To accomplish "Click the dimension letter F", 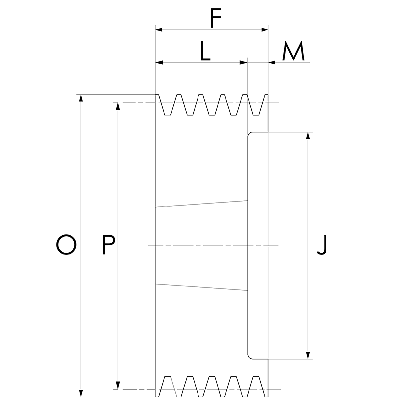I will [215, 19].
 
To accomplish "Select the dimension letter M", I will [293, 52].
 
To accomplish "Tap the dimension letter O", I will [66, 245].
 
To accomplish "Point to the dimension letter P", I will [108, 245].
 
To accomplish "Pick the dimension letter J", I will [322, 245].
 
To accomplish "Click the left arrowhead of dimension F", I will [159, 30].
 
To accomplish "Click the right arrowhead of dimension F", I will [265, 30].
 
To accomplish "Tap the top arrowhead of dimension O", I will [81, 98].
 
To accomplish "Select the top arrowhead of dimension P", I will [118, 106].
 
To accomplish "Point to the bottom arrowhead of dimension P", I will [118, 386].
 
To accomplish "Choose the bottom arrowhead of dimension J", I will [309, 355].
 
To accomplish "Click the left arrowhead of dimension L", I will [159, 62].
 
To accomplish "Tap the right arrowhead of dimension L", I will [244, 62].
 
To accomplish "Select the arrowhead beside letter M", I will [272, 62].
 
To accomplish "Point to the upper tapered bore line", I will [201, 203].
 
